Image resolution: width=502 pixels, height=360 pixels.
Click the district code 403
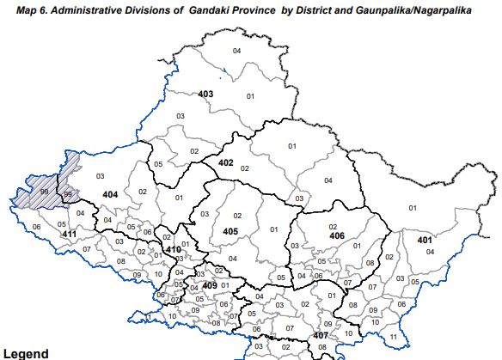pos(205,94)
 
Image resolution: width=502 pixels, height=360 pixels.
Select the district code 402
pos(225,162)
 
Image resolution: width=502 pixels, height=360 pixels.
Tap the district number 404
pos(109,195)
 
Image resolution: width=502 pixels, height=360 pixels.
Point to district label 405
pos(230,231)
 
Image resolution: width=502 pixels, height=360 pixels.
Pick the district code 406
pos(336,235)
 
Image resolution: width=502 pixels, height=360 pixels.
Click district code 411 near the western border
pos(69,234)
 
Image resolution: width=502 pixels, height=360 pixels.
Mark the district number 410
pos(174,250)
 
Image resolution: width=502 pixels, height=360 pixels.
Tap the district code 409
pos(208,286)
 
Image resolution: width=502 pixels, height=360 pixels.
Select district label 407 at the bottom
pos(321,334)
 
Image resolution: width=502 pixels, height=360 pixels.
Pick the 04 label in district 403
pos(236,52)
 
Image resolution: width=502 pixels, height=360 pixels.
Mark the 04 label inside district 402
pos(328,180)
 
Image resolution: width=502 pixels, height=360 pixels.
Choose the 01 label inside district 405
pos(274,229)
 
